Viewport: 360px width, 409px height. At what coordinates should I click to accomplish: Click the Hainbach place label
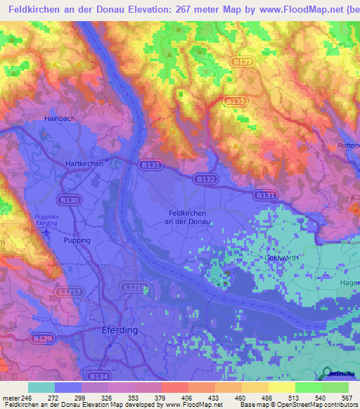(59, 119)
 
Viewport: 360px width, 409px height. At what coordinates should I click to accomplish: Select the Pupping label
(77, 240)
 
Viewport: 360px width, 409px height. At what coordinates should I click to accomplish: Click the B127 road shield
(240, 63)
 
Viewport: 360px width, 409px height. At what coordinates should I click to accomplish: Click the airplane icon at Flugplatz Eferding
(47, 231)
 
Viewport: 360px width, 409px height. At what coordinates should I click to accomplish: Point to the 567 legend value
(346, 398)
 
